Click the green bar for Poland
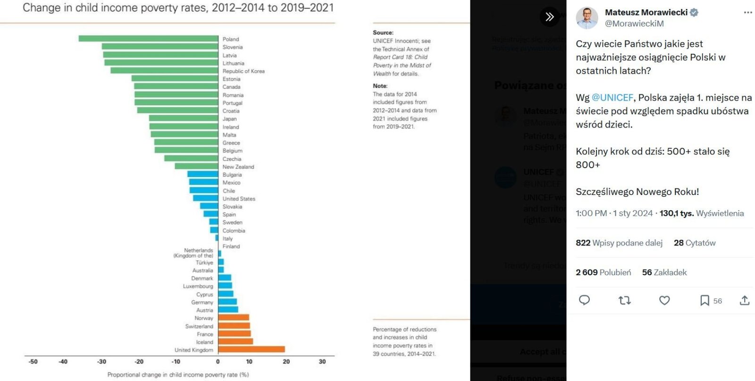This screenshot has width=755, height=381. click(148, 39)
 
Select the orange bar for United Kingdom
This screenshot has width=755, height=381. click(252, 349)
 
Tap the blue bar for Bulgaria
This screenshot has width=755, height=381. click(203, 174)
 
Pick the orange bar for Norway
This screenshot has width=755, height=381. click(234, 318)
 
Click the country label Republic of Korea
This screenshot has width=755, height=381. click(243, 71)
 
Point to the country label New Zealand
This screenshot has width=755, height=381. click(238, 167)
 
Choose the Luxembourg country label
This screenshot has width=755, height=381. click(198, 286)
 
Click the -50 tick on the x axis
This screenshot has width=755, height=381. click(33, 362)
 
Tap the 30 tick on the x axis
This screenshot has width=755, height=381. click(322, 362)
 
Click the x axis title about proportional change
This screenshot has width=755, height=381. click(178, 375)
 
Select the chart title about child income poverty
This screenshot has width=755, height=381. click(178, 8)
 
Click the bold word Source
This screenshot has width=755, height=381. click(383, 33)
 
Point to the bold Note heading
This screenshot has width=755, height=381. click(380, 86)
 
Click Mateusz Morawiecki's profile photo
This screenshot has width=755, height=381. click(587, 18)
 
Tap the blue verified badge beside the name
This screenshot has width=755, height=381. click(694, 13)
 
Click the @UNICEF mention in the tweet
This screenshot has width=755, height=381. click(612, 98)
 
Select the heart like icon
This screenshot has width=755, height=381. click(664, 300)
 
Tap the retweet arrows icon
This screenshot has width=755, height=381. click(624, 300)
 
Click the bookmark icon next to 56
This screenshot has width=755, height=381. click(705, 300)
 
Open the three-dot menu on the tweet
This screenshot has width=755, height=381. click(747, 13)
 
